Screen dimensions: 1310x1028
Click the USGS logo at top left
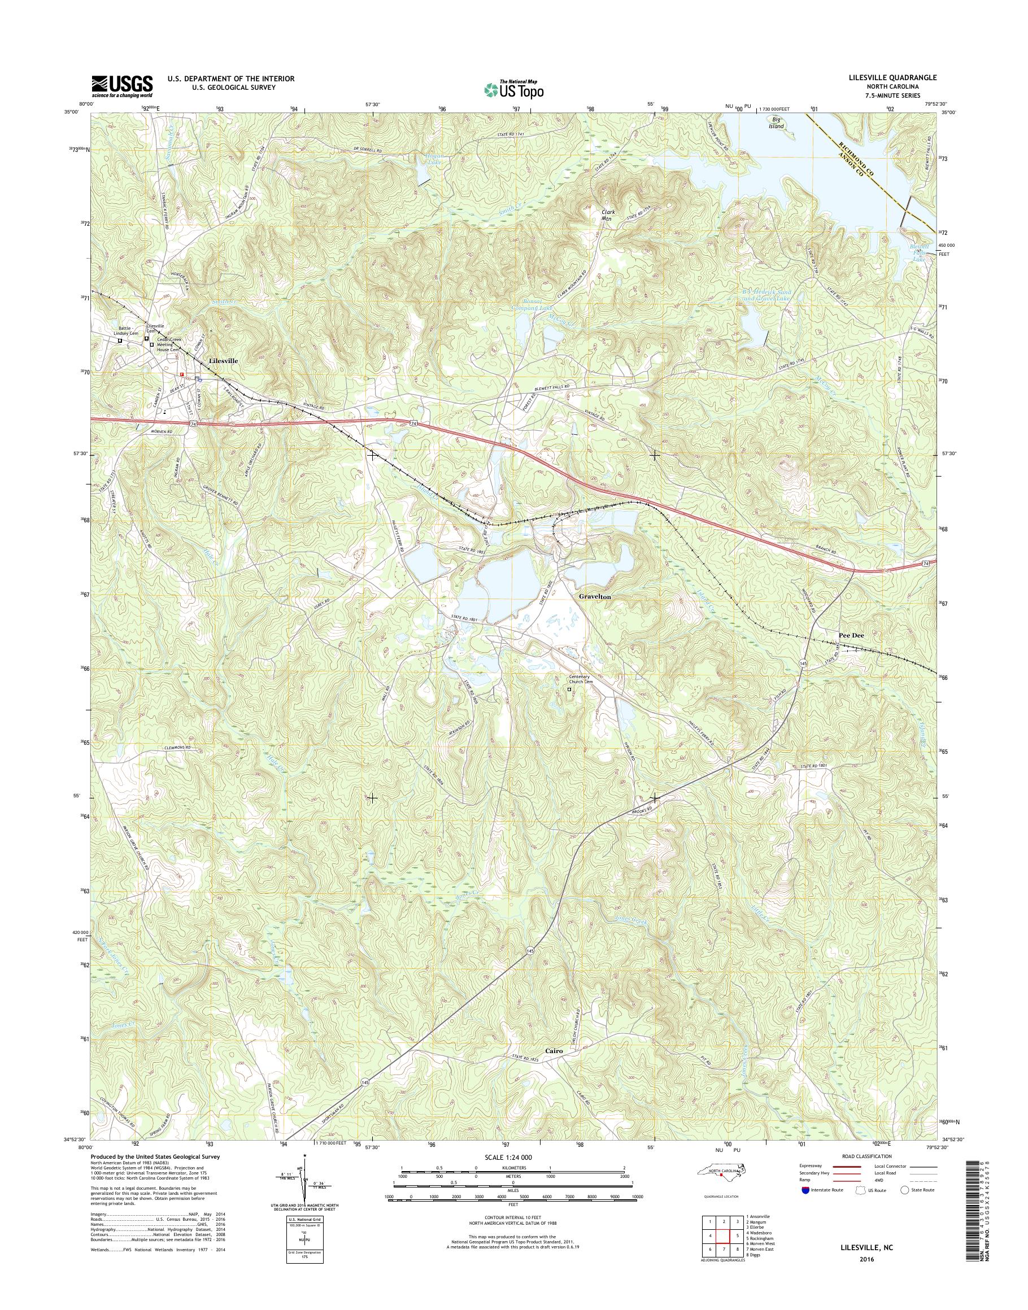coord(122,86)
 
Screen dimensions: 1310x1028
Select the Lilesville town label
coord(222,360)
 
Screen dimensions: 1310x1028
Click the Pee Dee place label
coord(851,635)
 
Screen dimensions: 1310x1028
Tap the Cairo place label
coord(554,1051)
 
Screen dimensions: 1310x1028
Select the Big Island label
coord(777,123)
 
